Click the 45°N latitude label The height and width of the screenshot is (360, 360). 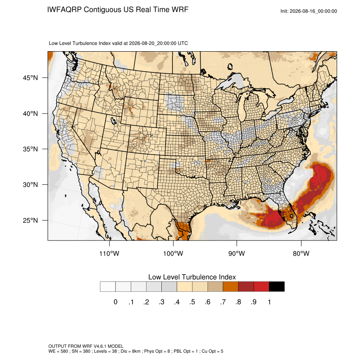pyautogui.click(x=30, y=78)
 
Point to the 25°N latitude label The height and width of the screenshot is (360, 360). pyautogui.click(x=30, y=220)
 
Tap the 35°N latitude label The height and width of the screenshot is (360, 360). pyautogui.click(x=30, y=149)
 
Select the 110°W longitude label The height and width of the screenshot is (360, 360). pyautogui.click(x=109, y=253)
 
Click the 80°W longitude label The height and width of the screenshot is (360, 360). pyautogui.click(x=301, y=253)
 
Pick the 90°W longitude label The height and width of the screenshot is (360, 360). pyautogui.click(x=236, y=253)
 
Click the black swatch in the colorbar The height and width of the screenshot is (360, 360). pyautogui.click(x=277, y=287)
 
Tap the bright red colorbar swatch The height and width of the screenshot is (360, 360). pyautogui.click(x=261, y=287)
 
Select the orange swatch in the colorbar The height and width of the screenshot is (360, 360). pyautogui.click(x=230, y=287)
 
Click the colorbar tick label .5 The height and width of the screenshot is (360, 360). pyautogui.click(x=192, y=302)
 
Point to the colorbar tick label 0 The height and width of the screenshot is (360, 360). pyautogui.click(x=116, y=302)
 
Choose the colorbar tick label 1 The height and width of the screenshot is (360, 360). pyautogui.click(x=269, y=302)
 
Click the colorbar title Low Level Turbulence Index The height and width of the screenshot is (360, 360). pyautogui.click(x=192, y=277)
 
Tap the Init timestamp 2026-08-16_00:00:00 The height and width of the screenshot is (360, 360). pyautogui.click(x=313, y=11)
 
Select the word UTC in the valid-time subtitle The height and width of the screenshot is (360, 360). pyautogui.click(x=183, y=43)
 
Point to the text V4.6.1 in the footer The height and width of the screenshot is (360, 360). pyautogui.click(x=100, y=346)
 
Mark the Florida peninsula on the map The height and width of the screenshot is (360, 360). pyautogui.click(x=288, y=212)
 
